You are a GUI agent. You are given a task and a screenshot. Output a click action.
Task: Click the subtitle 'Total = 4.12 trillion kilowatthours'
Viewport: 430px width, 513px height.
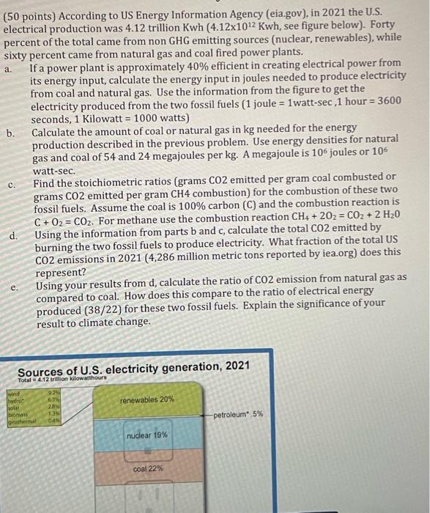[x=62, y=377]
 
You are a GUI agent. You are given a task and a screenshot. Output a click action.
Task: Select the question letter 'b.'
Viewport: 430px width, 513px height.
[x=10, y=133]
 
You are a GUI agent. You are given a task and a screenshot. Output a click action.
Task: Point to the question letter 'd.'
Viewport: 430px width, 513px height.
[x=12, y=235]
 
